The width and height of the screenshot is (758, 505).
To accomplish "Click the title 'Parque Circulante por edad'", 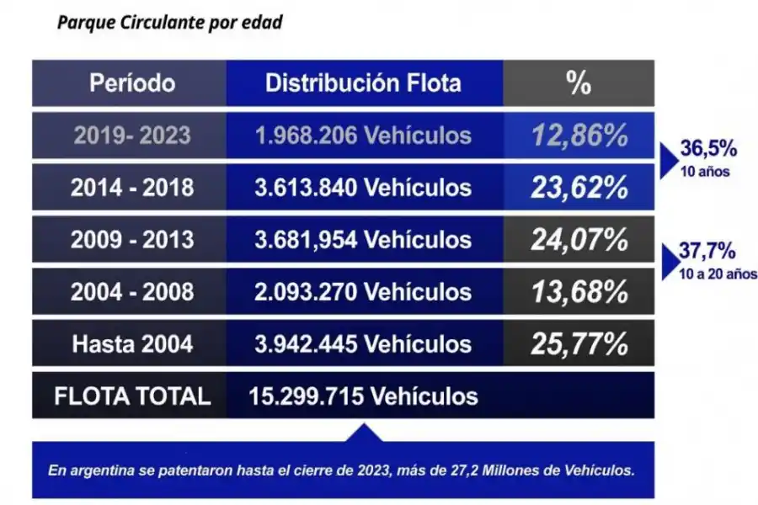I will click(169, 23).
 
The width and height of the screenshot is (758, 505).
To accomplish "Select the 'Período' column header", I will click(132, 83).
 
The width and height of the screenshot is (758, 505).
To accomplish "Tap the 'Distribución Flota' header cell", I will click(363, 83).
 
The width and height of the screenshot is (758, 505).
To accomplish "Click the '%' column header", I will click(578, 83).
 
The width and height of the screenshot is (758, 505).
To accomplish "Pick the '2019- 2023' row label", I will click(132, 136).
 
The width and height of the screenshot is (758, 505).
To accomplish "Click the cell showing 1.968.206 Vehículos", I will click(363, 136).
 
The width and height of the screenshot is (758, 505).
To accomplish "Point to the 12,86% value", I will click(579, 136).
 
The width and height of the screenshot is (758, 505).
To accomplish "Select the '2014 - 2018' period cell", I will click(132, 188).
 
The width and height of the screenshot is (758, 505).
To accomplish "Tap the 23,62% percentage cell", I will click(579, 188).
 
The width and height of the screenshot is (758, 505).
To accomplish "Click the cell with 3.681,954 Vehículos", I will click(363, 240).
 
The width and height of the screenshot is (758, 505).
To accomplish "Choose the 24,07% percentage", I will click(579, 240).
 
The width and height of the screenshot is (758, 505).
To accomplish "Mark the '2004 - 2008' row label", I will click(132, 292).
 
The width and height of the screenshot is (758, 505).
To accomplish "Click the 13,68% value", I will click(579, 292).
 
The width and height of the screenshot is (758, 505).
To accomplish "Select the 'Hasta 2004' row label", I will click(132, 343).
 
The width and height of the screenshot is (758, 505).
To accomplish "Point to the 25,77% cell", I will click(579, 343).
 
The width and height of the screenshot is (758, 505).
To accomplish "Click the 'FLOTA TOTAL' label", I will click(132, 396).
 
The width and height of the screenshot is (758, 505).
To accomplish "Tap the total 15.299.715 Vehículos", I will click(363, 396).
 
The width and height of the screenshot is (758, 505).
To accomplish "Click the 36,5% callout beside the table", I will click(708, 150).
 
